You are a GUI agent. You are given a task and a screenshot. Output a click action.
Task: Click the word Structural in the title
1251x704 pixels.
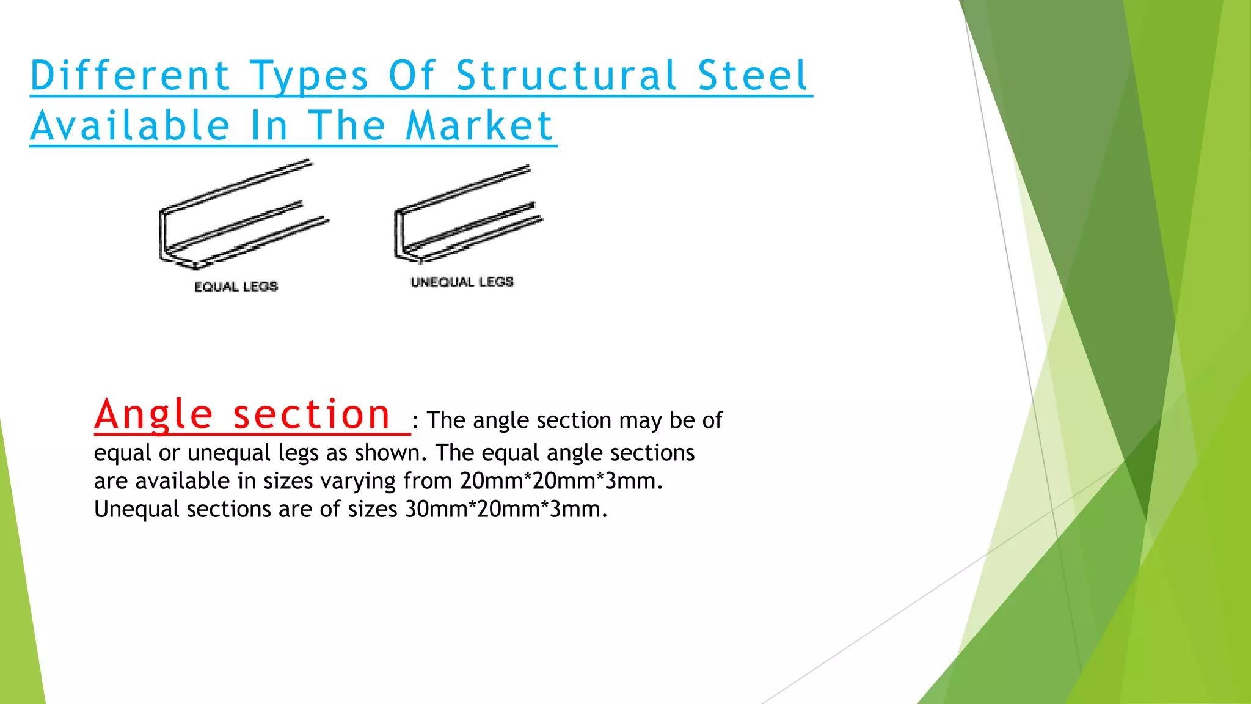coord(566,76)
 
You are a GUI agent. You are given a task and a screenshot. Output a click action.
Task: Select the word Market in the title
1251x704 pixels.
coord(479,126)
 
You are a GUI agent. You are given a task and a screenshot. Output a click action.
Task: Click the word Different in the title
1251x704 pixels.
coord(130,76)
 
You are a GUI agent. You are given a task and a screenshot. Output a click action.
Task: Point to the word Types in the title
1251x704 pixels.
coord(309,77)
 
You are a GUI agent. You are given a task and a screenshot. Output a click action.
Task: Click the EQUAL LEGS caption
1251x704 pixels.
coord(236,287)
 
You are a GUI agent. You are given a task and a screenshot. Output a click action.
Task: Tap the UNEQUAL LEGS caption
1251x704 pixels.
coord(462,282)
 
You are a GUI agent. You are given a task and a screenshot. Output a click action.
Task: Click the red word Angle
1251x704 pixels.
coord(153,414)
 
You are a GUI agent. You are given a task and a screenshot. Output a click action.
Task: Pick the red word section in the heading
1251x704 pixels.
coord(312,414)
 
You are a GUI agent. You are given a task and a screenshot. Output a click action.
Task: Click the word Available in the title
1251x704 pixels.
coord(130,126)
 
